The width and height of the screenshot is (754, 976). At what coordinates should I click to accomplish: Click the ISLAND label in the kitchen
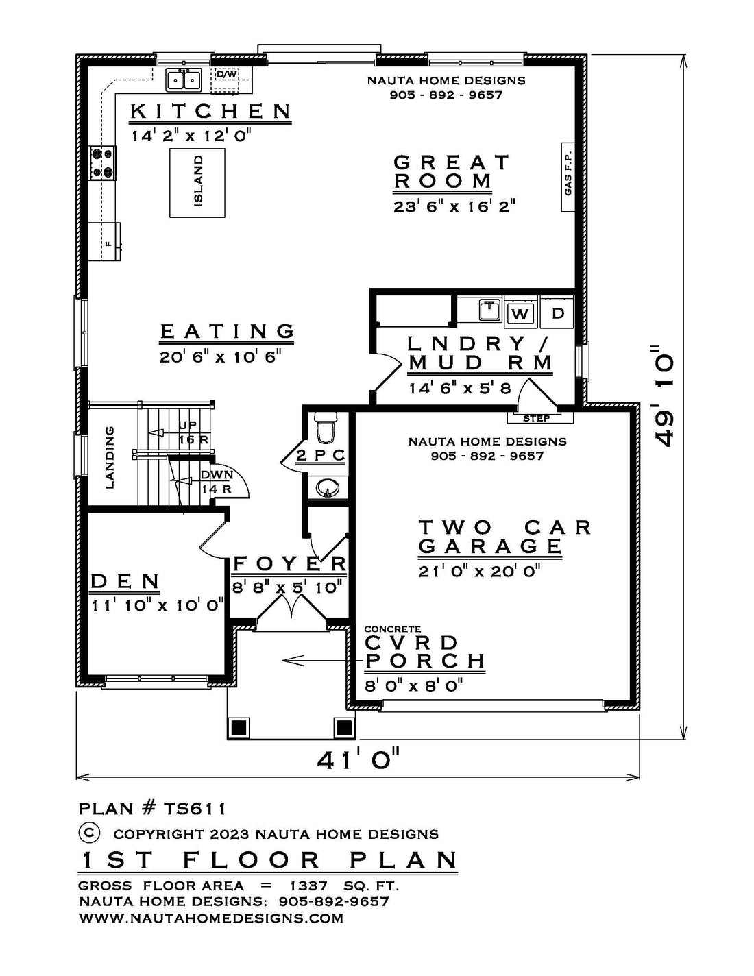click(199, 182)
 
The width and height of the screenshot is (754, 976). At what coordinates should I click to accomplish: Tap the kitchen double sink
click(184, 81)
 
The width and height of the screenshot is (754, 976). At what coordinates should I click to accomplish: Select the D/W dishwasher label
click(227, 73)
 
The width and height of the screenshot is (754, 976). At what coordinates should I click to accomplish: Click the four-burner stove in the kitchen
click(102, 162)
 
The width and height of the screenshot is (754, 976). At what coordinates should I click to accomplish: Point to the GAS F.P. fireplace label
click(568, 176)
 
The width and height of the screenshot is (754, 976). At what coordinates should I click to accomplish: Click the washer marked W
click(520, 313)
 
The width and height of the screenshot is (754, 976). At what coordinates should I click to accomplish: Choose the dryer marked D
click(557, 313)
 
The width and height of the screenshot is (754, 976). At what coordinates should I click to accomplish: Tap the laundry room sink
click(489, 310)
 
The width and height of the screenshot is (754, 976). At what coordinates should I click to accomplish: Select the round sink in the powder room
click(328, 489)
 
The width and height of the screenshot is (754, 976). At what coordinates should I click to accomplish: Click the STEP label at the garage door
click(537, 419)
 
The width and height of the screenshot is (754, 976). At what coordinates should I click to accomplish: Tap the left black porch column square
click(239, 727)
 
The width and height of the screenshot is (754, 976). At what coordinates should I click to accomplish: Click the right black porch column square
click(344, 727)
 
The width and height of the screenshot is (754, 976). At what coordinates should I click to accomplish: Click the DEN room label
click(125, 582)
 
